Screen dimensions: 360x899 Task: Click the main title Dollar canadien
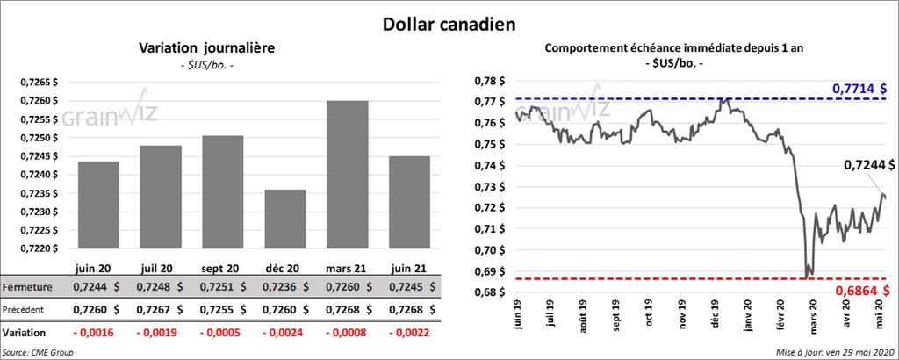[x=449, y=23]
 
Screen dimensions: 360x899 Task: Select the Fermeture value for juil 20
[x=162, y=287]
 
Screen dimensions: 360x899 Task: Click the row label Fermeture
[x=26, y=287]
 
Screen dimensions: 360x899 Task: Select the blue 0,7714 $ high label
[x=859, y=90]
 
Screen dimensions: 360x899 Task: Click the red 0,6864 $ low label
[x=859, y=291]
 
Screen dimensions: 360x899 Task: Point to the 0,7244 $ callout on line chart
[x=869, y=164]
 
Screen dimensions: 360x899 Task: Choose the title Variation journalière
[x=207, y=49]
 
